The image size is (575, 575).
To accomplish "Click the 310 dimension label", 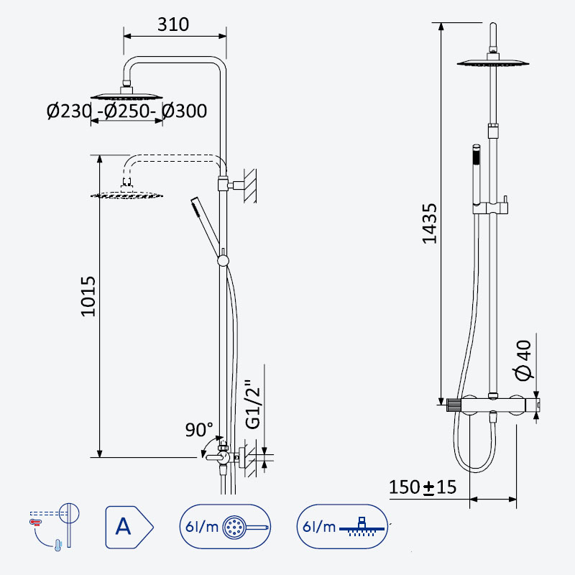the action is tap(173, 24).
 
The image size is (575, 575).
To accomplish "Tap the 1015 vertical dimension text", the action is tap(88, 296).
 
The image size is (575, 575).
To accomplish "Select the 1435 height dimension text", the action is tap(429, 224).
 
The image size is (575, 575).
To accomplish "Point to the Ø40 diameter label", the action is tap(523, 361).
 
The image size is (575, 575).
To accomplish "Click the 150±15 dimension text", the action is tap(423, 487).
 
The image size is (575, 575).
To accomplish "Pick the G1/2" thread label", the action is tap(253, 404).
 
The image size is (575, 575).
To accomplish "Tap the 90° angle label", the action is tap(199, 429).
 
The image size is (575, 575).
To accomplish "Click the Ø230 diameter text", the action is tap(69, 111).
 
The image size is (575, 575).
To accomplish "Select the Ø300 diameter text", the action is tap(185, 111).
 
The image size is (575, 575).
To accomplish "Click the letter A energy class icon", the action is tap(129, 528).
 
